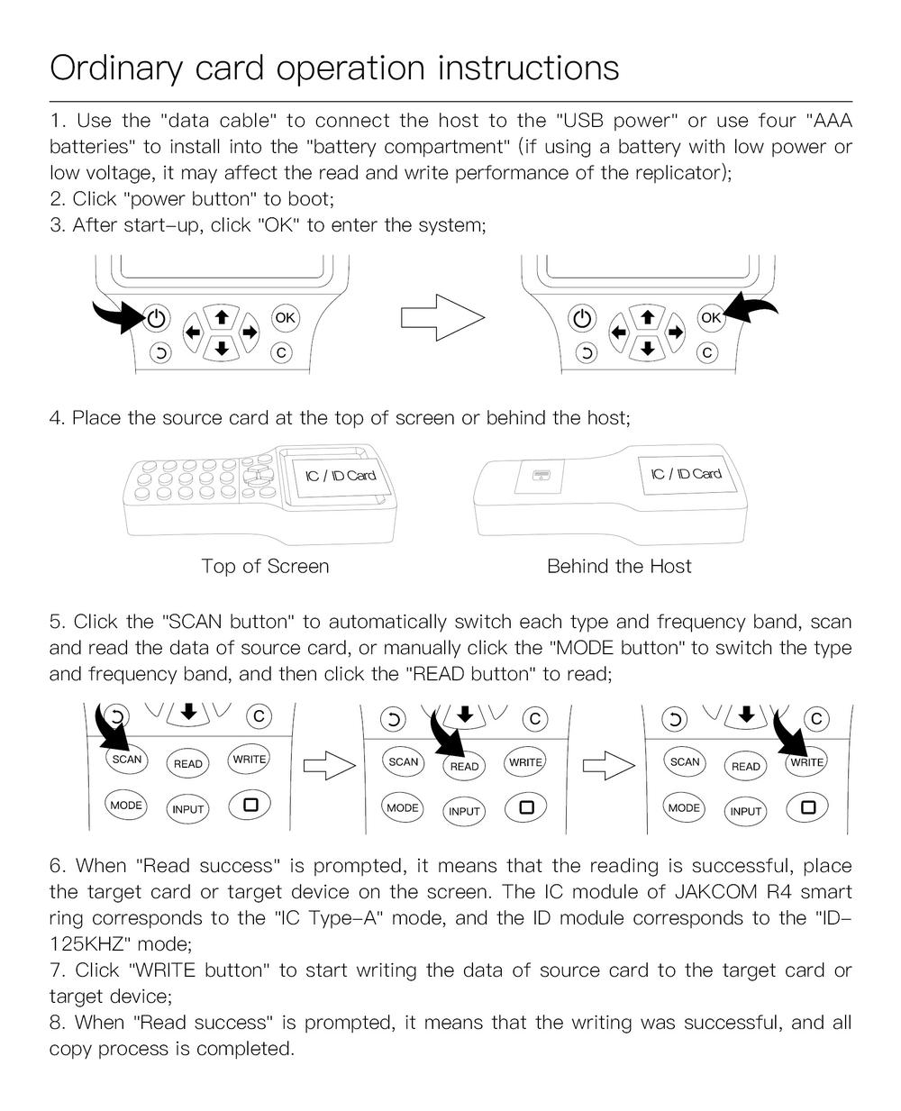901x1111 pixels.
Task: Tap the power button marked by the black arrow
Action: click(157, 318)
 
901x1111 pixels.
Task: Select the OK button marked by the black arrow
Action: click(711, 317)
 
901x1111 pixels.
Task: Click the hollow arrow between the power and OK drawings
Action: click(442, 317)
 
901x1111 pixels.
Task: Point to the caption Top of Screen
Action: click(265, 566)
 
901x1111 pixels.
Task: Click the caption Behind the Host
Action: click(619, 566)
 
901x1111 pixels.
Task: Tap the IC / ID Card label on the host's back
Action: click(687, 474)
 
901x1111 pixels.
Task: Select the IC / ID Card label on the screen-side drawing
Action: click(341, 475)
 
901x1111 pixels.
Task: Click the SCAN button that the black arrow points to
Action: click(127, 759)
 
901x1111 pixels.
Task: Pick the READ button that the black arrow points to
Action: click(464, 766)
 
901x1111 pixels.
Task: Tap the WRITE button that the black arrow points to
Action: click(806, 762)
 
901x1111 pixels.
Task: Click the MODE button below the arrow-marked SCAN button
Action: click(126, 805)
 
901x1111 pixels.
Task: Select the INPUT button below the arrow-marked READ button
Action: click(464, 811)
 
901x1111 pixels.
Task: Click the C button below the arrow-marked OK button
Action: click(708, 352)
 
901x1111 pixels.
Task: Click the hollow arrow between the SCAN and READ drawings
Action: click(329, 766)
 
